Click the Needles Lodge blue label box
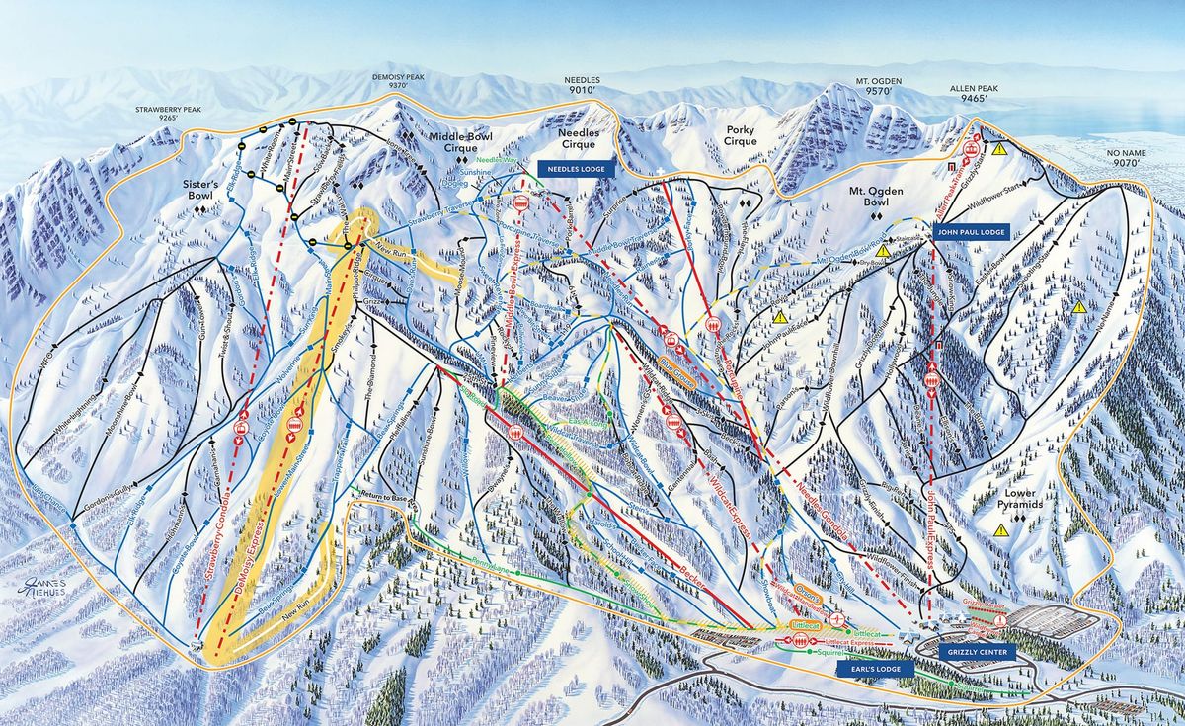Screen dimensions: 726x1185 pyautogui.click(x=578, y=169)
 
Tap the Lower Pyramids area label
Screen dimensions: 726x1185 pyautogui.click(x=1020, y=498)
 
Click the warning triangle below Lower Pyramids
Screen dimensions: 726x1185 pyautogui.click(x=1002, y=530)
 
